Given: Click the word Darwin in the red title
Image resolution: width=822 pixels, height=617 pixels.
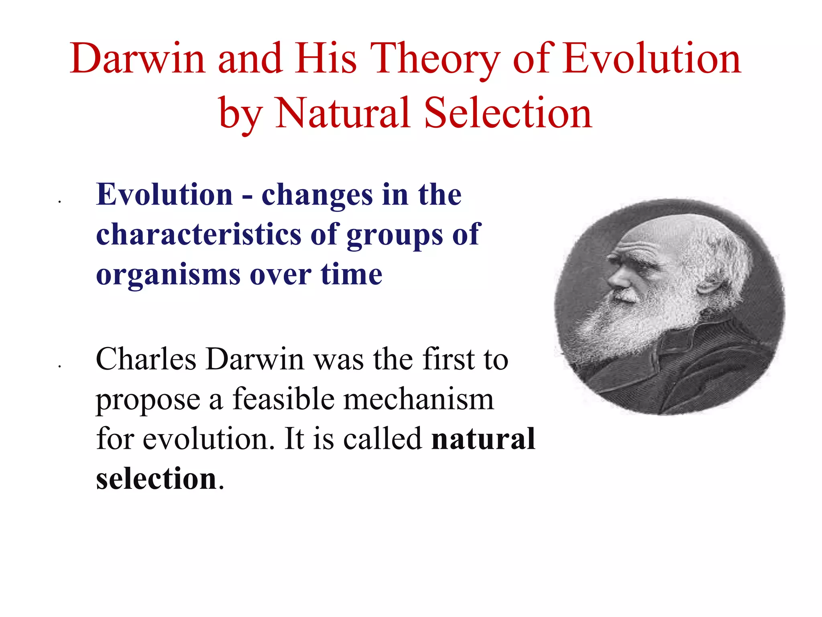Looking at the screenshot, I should (x=138, y=59).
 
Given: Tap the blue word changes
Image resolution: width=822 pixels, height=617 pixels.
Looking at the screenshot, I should (x=317, y=195).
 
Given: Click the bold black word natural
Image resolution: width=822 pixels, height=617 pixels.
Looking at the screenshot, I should (x=483, y=439).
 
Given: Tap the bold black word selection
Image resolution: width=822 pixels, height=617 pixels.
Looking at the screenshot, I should (x=157, y=479).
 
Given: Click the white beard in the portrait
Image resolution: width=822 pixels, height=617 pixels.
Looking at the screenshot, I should (x=634, y=321).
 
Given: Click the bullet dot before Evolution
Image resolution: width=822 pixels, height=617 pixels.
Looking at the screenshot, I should (x=59, y=202).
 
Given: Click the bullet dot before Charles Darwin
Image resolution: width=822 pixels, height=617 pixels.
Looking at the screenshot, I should (x=59, y=366).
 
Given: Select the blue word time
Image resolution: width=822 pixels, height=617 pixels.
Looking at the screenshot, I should (x=351, y=275).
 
